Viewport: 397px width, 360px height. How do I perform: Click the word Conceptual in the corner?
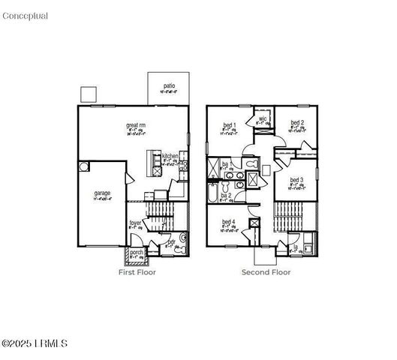[26, 16]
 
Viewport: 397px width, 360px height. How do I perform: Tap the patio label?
[170, 86]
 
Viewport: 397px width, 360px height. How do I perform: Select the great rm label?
[136, 126]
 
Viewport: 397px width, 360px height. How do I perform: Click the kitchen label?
[170, 156]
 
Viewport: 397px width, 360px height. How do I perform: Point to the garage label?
[101, 193]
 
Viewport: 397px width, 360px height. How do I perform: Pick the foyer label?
[135, 223]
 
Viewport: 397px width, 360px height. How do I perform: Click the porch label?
[137, 252]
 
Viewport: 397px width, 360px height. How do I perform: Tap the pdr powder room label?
[171, 242]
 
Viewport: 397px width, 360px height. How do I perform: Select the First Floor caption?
[137, 272]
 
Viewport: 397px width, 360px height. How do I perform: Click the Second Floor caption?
[266, 272]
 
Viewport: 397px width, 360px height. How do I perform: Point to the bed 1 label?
[230, 124]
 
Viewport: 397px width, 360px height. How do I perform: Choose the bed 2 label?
[297, 122]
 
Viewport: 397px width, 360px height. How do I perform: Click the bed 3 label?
[296, 181]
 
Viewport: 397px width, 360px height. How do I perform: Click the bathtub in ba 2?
[212, 197]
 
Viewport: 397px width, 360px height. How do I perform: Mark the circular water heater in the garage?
[86, 166]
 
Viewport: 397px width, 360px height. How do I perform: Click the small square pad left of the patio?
[89, 94]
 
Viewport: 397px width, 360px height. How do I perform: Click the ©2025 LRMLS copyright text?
[35, 343]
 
